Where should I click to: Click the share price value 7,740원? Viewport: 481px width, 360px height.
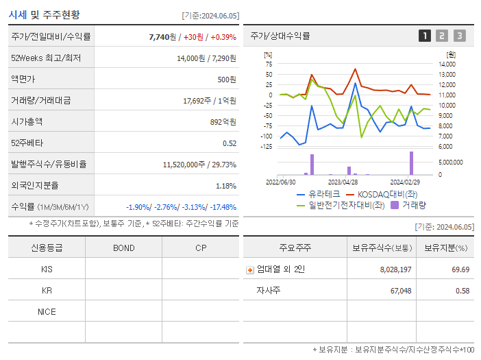tap(164, 36)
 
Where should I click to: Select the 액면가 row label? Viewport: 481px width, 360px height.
tap(26, 80)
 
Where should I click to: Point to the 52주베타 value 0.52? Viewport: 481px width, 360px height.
tap(230, 143)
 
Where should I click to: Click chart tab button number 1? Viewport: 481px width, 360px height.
tap(425, 36)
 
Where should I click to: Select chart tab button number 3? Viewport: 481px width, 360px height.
tap(459, 36)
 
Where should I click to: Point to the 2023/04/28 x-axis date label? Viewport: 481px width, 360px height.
tap(343, 182)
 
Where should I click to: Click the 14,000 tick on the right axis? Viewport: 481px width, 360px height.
tap(447, 64)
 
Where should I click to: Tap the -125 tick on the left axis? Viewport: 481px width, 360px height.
tap(267, 146)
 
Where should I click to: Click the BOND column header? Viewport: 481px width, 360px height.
tap(124, 248)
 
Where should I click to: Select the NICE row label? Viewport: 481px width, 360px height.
tap(47, 311)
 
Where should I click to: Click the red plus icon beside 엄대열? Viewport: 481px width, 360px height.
tap(250, 270)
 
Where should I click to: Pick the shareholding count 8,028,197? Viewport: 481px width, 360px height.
tap(395, 269)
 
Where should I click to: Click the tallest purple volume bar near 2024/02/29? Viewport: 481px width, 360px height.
tap(412, 163)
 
